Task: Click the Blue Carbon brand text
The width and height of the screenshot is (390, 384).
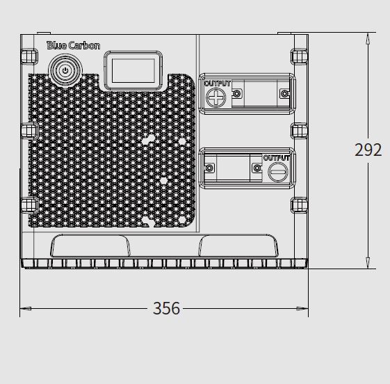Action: tap(74, 45)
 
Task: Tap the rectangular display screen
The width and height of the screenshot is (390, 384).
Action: tap(133, 71)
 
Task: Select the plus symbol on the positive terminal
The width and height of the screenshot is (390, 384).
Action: tap(216, 97)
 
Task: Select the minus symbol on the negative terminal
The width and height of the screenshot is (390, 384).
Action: tap(278, 172)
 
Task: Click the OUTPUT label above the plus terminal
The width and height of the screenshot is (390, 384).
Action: tap(218, 83)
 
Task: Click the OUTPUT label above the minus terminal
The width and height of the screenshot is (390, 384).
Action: tap(276, 158)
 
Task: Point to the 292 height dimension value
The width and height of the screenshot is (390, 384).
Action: tap(368, 150)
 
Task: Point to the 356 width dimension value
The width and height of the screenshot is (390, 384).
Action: tap(166, 308)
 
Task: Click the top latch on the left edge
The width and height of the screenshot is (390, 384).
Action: tap(29, 56)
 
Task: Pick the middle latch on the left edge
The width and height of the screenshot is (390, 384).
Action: tap(30, 130)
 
